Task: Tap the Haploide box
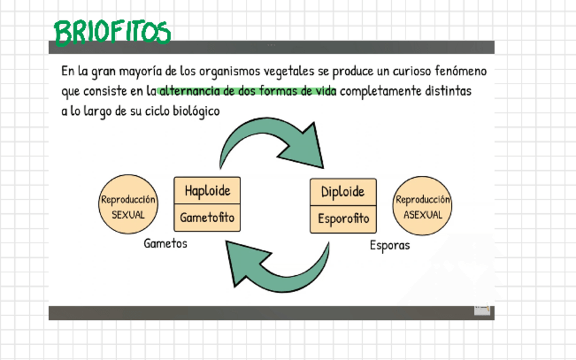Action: (x=207, y=191)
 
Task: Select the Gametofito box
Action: (x=207, y=218)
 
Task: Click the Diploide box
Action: (x=343, y=192)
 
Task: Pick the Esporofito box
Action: (x=343, y=219)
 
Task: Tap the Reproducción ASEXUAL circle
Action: (x=422, y=206)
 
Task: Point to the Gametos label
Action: (x=165, y=243)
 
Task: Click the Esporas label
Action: (x=390, y=245)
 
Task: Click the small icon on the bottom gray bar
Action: (x=482, y=310)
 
